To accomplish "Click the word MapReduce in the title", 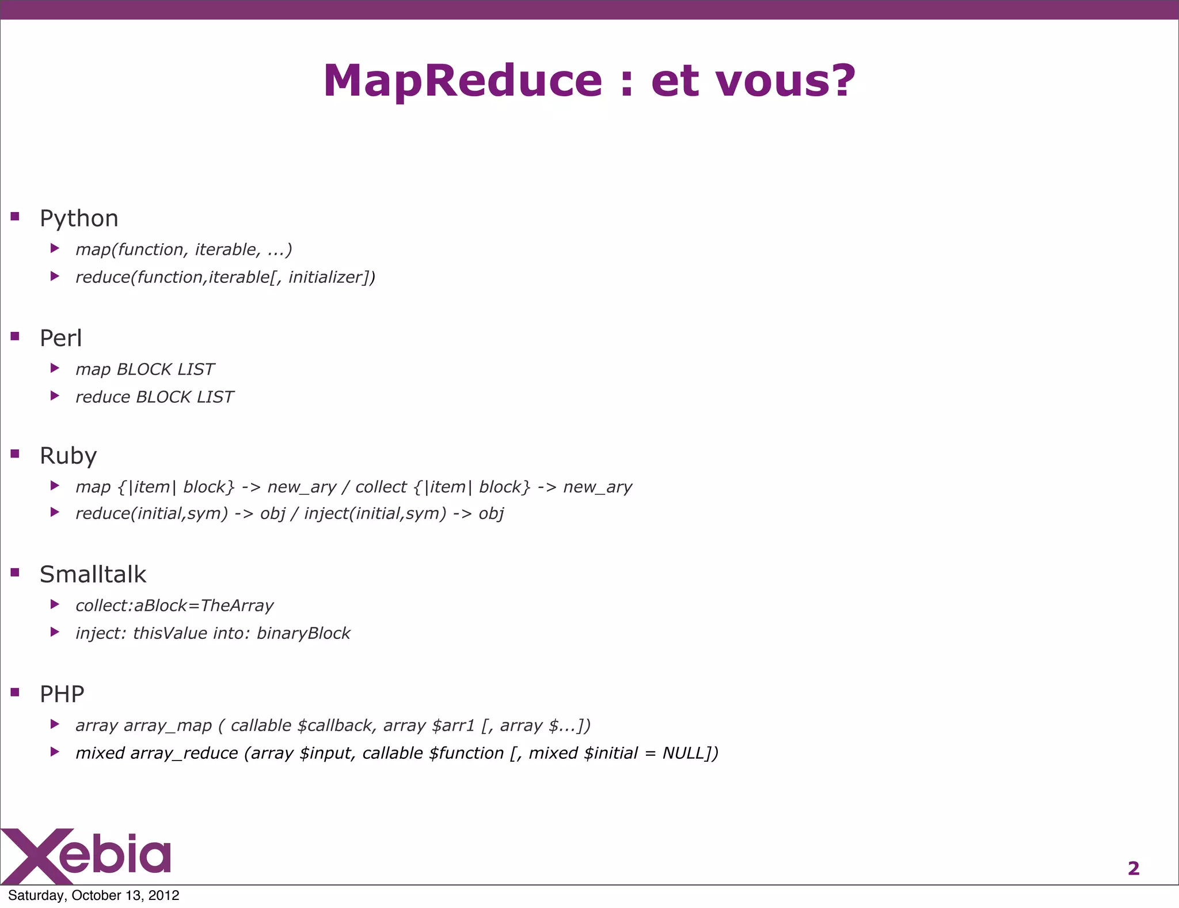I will coord(462,81).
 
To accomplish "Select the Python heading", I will coord(79,219).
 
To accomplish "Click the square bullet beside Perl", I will coord(15,336).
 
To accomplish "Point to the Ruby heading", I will coord(68,456).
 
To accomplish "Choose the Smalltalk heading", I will coord(93,574).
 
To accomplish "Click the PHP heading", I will coord(62,694).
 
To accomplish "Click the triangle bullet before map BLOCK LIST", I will coord(55,368).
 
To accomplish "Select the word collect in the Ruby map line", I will coord(381,487).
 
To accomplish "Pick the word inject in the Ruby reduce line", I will coord(326,514).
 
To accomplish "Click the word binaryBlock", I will coord(303,634).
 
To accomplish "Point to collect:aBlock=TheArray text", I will coord(174,606).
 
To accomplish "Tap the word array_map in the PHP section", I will coord(168,726).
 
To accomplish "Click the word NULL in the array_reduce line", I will coord(683,754).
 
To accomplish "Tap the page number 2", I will coord(1133,868).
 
